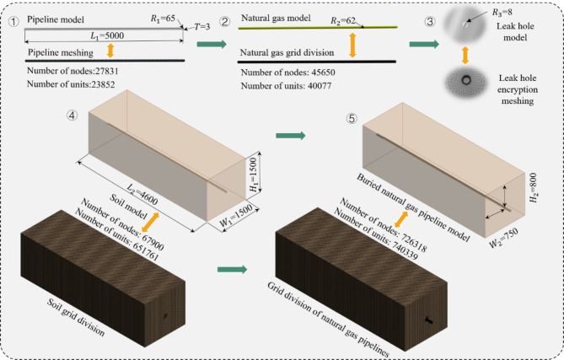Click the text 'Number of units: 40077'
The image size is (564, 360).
(288, 87)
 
